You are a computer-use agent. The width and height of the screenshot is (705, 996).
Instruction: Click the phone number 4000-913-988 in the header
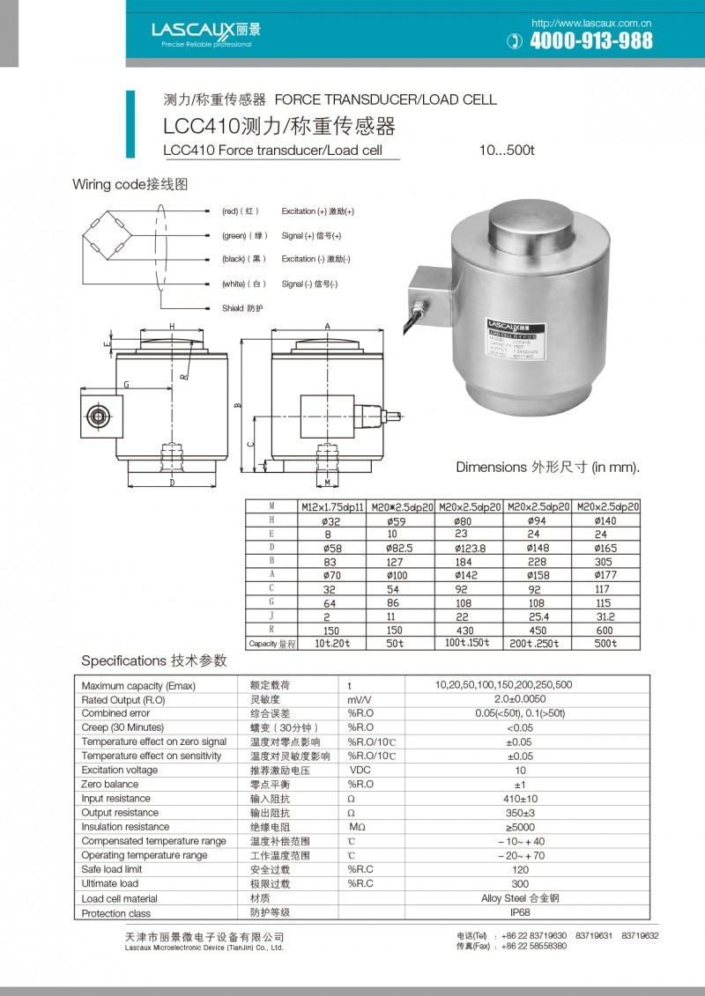point(591,41)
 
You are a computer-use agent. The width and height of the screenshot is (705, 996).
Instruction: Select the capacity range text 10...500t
point(507,151)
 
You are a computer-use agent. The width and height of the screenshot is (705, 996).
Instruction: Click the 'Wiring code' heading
point(130,184)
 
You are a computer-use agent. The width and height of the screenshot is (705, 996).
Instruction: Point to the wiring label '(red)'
point(231,211)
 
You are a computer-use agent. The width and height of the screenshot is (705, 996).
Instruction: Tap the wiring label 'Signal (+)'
point(298,236)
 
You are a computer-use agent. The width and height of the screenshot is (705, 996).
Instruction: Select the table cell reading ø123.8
point(470,548)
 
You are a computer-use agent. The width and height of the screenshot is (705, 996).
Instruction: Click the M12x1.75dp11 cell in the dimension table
point(332,507)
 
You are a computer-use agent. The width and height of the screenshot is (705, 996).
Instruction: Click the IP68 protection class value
point(520,912)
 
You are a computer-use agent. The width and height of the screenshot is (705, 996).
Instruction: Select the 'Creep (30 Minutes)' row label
point(122,727)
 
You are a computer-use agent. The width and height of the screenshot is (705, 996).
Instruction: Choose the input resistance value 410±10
point(520,799)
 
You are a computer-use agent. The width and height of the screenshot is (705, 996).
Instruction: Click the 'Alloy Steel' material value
point(520,898)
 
